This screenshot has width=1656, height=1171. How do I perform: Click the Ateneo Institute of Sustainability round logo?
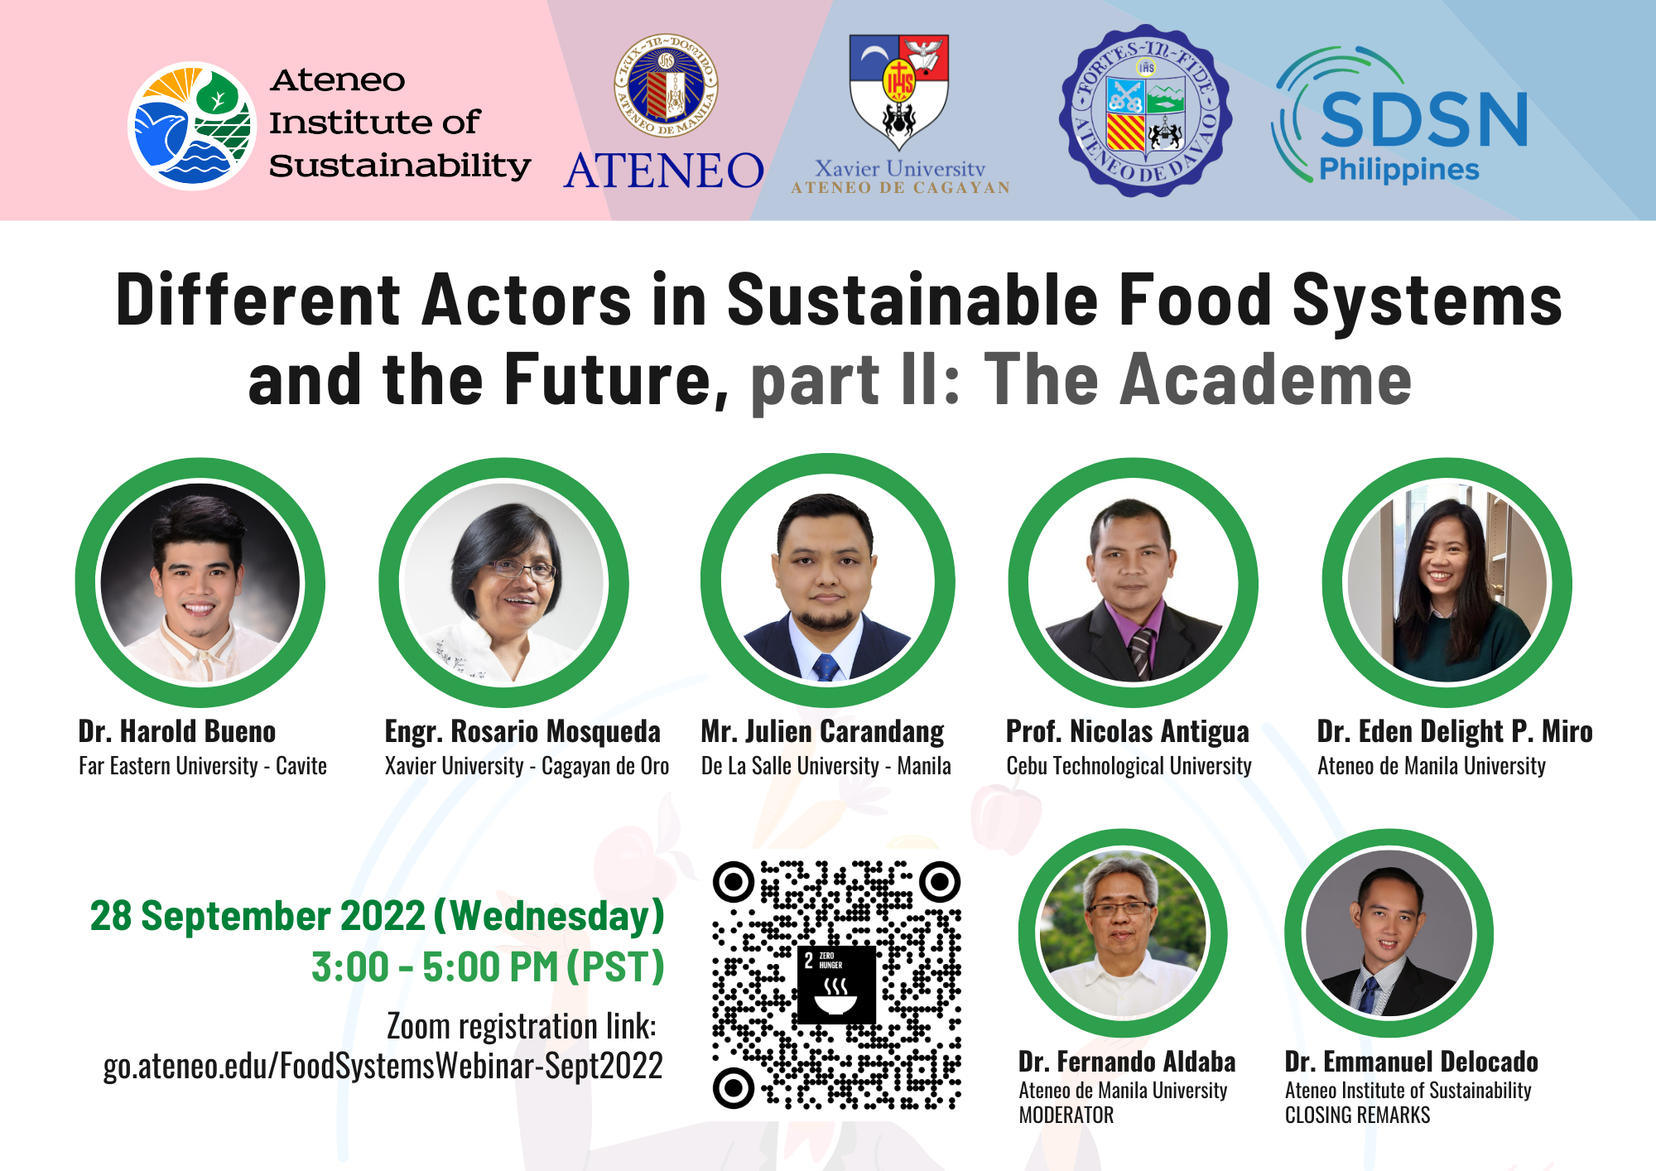coord(192,126)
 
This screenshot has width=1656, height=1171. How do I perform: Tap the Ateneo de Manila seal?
coord(666,85)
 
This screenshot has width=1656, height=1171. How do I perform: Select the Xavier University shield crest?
coord(899,89)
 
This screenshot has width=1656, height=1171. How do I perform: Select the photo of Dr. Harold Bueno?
coord(200,582)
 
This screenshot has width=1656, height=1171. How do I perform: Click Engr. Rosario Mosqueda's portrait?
coord(503,582)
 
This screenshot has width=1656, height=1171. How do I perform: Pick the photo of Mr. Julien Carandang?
coord(827,582)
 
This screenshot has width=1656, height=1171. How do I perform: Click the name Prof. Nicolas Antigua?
coord(1127,731)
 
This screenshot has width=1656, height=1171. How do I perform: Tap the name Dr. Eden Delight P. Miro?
coord(1454,731)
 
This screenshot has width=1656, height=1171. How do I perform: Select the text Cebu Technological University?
coord(1129,766)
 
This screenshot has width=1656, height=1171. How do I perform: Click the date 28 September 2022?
coord(258,916)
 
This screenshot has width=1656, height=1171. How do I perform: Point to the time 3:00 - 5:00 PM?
coord(435,967)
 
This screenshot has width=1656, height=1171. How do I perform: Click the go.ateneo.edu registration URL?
coord(383,1066)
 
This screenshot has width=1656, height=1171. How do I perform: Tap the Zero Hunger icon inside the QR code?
coord(835,985)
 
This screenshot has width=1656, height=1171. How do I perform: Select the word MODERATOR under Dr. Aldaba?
coord(1066,1116)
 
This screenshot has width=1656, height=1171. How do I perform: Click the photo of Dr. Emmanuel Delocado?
coord(1389,934)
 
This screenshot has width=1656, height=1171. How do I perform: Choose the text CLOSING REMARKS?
coord(1357,1116)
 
